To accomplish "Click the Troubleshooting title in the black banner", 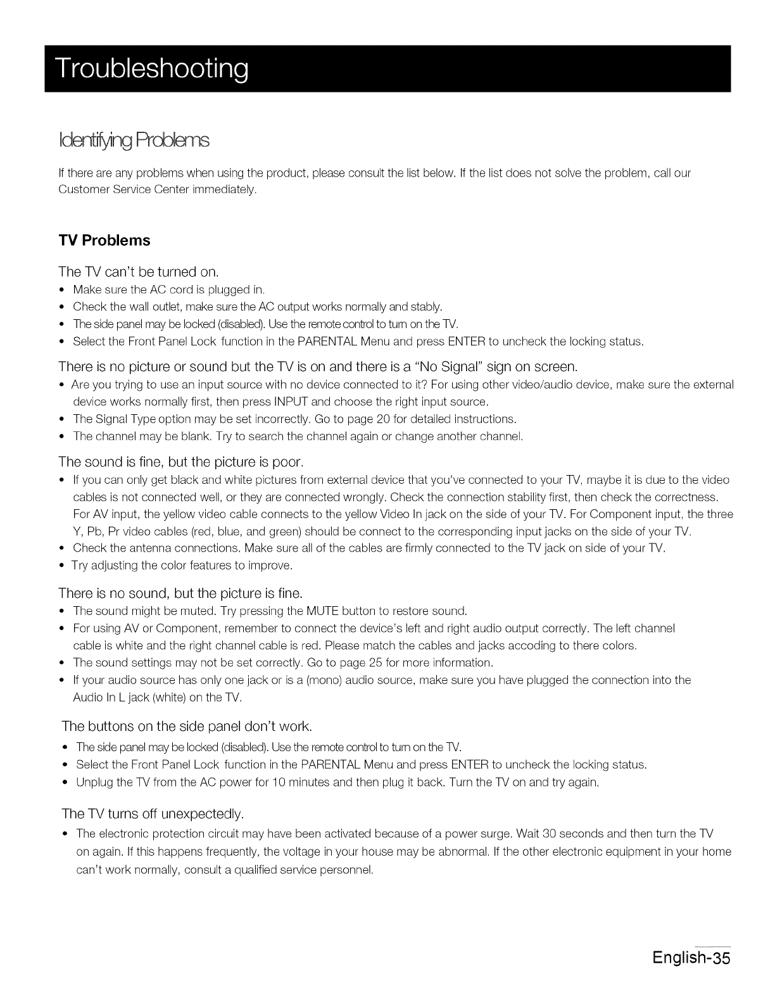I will pos(151,69).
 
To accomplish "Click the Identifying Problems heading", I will pos(133,139).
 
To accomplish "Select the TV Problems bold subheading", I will pos(104,241).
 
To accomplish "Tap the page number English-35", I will pos(691,956).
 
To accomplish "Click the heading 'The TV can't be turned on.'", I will pos(138,272).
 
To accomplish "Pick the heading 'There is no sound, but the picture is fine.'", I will pos(180,593).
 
